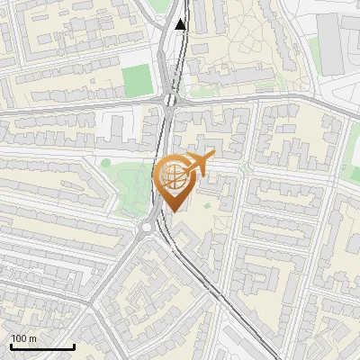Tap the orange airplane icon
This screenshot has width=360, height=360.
[x=197, y=164]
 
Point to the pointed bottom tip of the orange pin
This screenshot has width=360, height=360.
[x=175, y=211]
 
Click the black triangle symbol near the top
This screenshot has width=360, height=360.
[x=181, y=24]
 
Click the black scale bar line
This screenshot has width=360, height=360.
[x=42, y=346]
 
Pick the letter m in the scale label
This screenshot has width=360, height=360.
[x=32, y=338]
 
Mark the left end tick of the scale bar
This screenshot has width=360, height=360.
[x=11, y=346]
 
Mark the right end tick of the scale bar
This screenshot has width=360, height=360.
[x=74, y=346]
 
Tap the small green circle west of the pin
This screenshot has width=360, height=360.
[x=105, y=163]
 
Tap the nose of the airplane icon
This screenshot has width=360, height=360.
[x=213, y=157]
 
